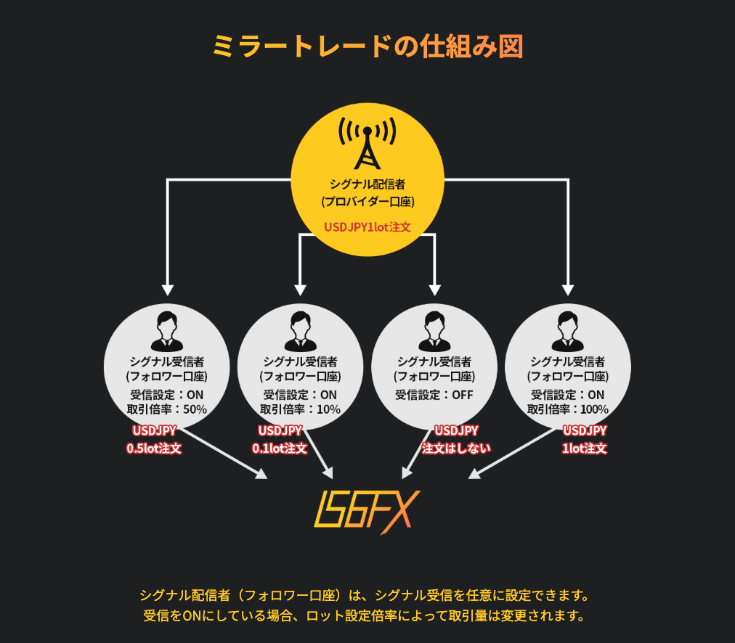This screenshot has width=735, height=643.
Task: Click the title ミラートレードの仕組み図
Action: pyautogui.click(x=367, y=46)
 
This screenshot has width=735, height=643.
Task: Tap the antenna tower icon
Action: pyautogui.click(x=367, y=143)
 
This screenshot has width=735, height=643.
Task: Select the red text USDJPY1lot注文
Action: pyautogui.click(x=367, y=227)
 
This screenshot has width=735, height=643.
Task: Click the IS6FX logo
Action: pyautogui.click(x=367, y=512)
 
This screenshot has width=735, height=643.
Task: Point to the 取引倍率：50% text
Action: pyautogui.click(x=167, y=409)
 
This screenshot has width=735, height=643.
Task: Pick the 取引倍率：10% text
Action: pyautogui.click(x=301, y=409)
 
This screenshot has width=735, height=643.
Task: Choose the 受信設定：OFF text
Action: pyautogui.click(x=434, y=395)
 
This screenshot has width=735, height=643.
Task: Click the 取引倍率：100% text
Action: pyautogui.click(x=568, y=409)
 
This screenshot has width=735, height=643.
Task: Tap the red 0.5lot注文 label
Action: pyautogui.click(x=154, y=449)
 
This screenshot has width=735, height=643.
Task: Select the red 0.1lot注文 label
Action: pyautogui.click(x=280, y=449)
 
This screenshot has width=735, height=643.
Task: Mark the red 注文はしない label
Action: pyautogui.click(x=456, y=449)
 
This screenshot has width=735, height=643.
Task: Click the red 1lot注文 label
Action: pyautogui.click(x=585, y=449)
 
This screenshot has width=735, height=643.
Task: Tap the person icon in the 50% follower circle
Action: pyautogui.click(x=167, y=331)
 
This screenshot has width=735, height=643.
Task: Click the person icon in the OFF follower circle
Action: pyautogui.click(x=434, y=331)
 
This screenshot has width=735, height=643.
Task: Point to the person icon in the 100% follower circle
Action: pyautogui.click(x=568, y=331)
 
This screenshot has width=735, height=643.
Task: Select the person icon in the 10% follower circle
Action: pyautogui.click(x=301, y=331)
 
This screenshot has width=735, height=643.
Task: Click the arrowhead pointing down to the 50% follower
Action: pyautogui.click(x=167, y=290)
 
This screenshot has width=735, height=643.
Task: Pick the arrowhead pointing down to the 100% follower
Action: pyautogui.click(x=568, y=290)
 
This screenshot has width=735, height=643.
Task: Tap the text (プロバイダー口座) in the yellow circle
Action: pyautogui.click(x=368, y=202)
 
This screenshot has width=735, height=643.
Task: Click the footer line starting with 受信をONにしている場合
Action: pyautogui.click(x=364, y=615)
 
